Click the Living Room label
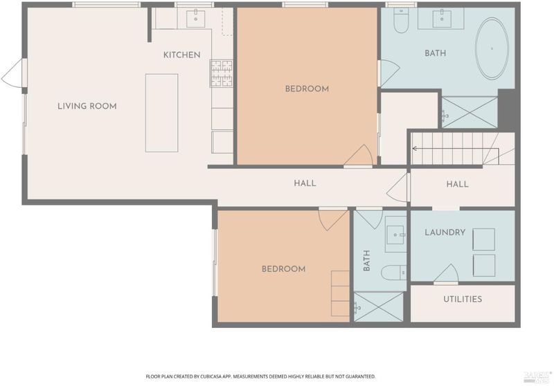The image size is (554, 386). pos(87,107)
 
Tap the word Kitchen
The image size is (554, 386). pos(182,55)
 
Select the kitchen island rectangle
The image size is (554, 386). pos(162,113)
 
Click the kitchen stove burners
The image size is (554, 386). pos(222,73)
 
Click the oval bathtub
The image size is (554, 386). pos(492,48)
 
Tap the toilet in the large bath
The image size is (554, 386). pos(401,21)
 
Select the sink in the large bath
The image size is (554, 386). pos(442,19)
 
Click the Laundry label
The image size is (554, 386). pos(445,232)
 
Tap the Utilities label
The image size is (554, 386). pos(463,300)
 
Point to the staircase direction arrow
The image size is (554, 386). pos(456,149)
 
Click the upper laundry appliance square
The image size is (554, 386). pos(483,239)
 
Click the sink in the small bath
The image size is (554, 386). pos(395,235)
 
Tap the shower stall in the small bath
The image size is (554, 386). pos(378,306)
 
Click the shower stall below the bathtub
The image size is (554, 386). pos(470,113)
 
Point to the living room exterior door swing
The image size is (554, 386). pos(13,72)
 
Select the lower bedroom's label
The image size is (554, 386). pos(283,269)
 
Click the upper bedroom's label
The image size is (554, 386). pos(307,89)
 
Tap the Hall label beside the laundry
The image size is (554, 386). pos(457,184)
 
